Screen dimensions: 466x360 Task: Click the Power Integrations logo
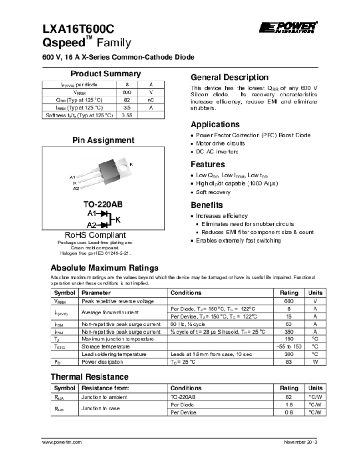pos(288,27)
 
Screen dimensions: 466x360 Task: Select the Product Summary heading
pos(106,74)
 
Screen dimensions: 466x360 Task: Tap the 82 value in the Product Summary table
pos(127,100)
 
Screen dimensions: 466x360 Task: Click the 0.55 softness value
pos(127,115)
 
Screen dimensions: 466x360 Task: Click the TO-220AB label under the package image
pos(103,204)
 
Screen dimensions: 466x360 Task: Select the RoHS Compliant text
pos(95,235)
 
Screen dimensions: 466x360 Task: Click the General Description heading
pos(229,77)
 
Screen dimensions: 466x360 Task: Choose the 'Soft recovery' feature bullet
pos(213,192)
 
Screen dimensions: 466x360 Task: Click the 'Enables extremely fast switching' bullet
pos(238,240)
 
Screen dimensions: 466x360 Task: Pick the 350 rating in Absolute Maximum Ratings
pos(289,332)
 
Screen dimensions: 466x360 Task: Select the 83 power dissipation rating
pos(289,362)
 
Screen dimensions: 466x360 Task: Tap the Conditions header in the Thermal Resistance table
pos(186,388)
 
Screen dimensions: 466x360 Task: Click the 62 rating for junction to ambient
pos(289,397)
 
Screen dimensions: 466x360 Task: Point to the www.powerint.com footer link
pos(62,442)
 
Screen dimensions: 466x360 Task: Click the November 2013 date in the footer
pos(300,442)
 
